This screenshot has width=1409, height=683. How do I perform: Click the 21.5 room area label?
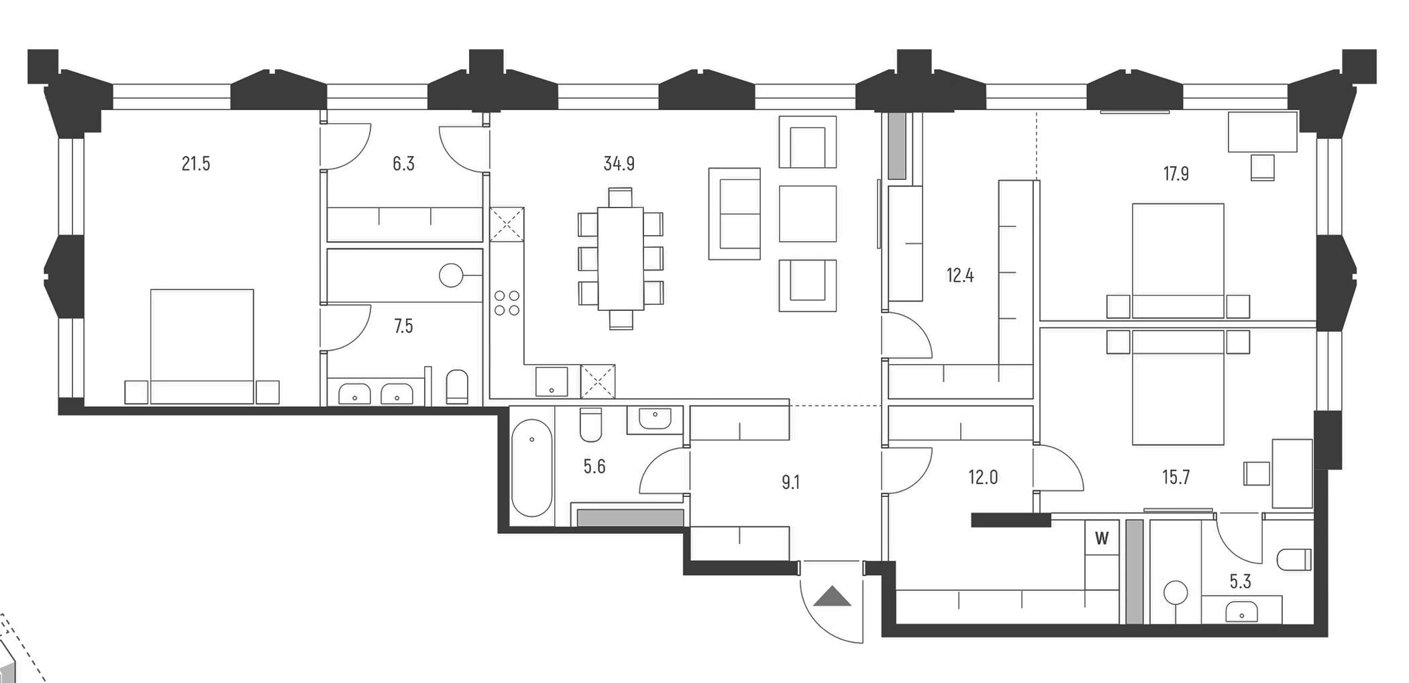(x=196, y=164)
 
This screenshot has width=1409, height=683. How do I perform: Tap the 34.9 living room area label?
(x=619, y=164)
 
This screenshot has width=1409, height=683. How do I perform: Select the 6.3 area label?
(x=403, y=164)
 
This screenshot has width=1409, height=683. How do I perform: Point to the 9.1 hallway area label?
(x=790, y=482)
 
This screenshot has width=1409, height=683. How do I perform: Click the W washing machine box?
(x=1102, y=538)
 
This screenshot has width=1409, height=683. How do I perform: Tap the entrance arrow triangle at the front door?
(x=832, y=596)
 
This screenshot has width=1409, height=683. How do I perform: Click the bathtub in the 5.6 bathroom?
(x=531, y=467)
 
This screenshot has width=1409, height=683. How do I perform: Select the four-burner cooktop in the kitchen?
(x=507, y=303)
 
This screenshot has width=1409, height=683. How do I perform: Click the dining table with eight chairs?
(x=621, y=259)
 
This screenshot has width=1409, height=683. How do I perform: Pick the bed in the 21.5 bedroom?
(x=202, y=346)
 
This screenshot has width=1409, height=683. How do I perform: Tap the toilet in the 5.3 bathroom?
(x=1294, y=559)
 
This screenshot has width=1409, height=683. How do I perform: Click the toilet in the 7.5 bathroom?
(x=457, y=387)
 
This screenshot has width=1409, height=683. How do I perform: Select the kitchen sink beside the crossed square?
(x=552, y=382)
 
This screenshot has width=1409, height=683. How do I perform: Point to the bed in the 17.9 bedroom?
(x=1178, y=261)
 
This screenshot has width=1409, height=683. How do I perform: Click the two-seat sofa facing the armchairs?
(x=735, y=214)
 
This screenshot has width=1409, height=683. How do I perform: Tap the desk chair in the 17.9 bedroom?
(x=1262, y=167)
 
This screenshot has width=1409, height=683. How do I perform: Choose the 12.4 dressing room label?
(x=959, y=275)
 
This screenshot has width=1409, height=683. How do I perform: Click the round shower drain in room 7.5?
(x=451, y=275)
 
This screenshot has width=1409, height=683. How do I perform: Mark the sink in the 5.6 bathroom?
(x=654, y=418)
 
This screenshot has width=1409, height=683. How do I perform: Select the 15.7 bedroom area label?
(x=1176, y=477)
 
